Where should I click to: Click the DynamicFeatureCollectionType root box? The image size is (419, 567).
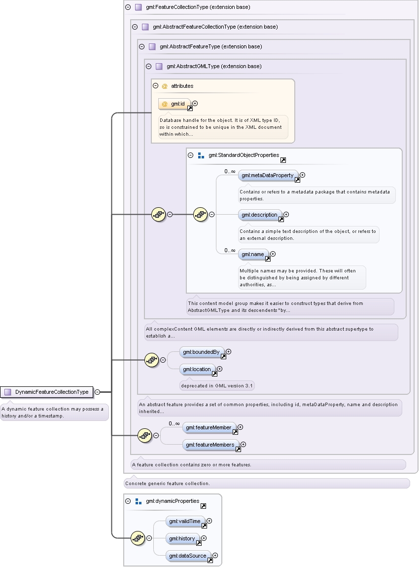point(47,392)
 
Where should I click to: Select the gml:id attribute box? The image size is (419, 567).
point(175,104)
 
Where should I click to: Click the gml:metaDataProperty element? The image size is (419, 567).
point(268,175)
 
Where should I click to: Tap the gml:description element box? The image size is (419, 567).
point(260,215)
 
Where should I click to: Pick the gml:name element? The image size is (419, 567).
point(253,254)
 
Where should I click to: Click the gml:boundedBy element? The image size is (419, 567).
point(202,352)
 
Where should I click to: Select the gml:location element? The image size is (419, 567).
point(197,370)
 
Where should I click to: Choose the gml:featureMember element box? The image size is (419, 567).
point(209,428)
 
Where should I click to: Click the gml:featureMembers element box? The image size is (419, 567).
point(210,445)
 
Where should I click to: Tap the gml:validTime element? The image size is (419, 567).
point(185,522)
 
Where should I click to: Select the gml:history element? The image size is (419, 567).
point(182,539)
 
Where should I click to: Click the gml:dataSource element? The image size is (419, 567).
point(188,556)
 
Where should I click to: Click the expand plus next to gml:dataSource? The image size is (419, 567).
point(215,556)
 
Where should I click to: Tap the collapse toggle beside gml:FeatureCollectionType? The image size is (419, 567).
point(128,7)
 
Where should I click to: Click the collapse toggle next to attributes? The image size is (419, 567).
point(156,86)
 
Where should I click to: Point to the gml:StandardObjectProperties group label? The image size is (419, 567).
point(244,155)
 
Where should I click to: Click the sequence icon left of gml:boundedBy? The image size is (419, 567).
point(152,360)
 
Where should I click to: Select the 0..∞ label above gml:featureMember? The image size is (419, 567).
point(174,423)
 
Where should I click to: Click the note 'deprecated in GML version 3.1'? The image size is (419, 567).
point(217,386)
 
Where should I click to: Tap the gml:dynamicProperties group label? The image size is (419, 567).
point(173,501)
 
